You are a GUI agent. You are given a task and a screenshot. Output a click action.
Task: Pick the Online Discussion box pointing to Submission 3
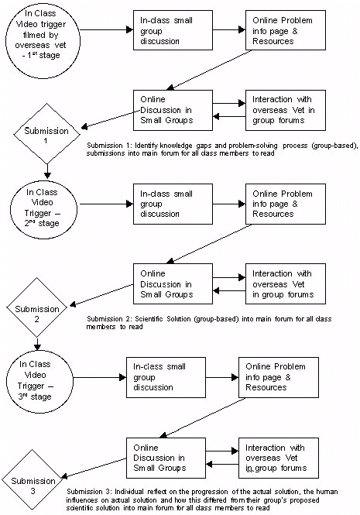pos(166,457)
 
